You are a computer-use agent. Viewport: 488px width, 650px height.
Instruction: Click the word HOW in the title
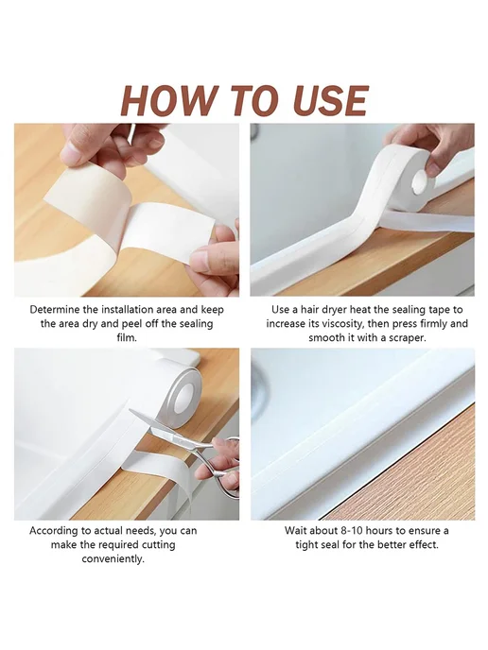click(x=167, y=100)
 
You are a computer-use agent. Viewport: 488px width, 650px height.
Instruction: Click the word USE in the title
click(x=325, y=100)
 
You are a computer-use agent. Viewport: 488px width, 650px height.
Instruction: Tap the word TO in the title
click(x=249, y=100)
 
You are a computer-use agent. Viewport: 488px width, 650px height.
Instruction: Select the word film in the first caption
click(x=126, y=338)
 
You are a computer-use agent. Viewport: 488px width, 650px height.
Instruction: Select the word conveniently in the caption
click(x=113, y=559)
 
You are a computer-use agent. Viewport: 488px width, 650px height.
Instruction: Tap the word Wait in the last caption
click(x=295, y=531)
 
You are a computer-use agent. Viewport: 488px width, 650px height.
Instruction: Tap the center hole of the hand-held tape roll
click(x=420, y=183)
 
